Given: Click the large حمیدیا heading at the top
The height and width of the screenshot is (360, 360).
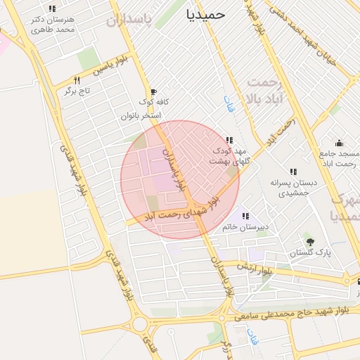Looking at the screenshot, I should point(206,13).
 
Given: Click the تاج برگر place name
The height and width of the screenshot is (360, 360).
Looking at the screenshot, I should point(78,91).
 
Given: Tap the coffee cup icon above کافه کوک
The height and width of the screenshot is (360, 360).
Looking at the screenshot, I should point(153,92).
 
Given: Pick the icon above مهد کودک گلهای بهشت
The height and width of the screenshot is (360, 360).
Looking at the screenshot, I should point(230,139).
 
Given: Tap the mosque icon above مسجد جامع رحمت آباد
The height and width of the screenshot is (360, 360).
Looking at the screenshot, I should point(339,143).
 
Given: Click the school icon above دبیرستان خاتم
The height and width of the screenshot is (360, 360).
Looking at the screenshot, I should point(245,216).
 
